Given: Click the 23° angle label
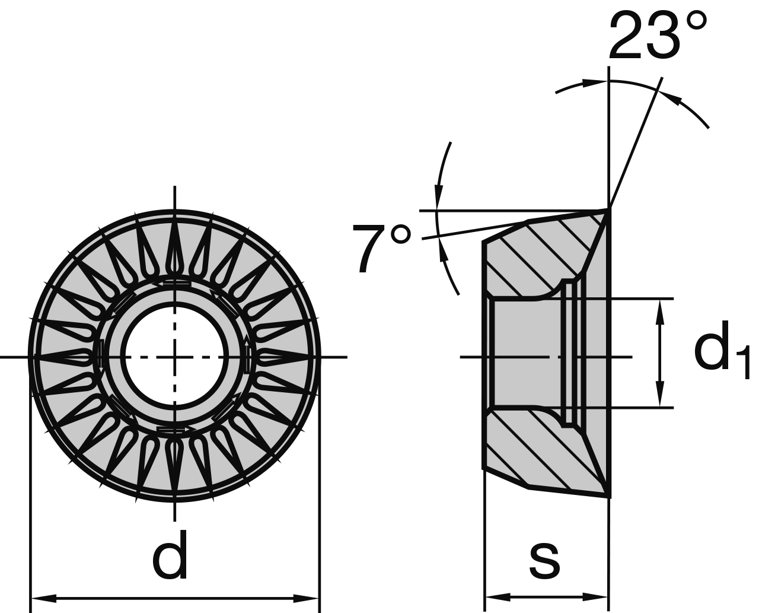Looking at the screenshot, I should [x=657, y=36].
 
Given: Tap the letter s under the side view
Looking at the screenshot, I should [x=544, y=561].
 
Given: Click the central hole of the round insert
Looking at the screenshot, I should [x=174, y=356].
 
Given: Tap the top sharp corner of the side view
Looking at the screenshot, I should [x=607, y=209].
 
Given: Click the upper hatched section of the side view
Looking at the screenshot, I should [x=534, y=255].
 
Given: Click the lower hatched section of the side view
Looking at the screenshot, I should [x=534, y=451].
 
